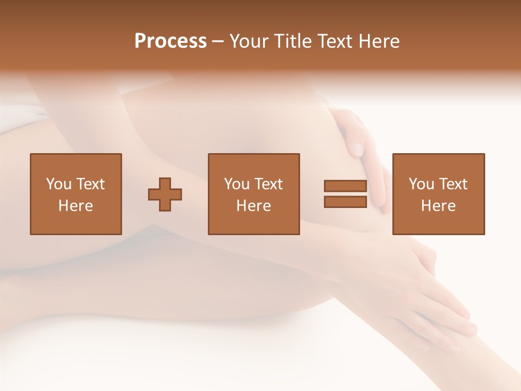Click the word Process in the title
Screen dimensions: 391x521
pyautogui.click(x=170, y=41)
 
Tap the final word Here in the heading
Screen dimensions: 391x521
pyautogui.click(x=379, y=41)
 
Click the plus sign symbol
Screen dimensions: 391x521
pyautogui.click(x=165, y=194)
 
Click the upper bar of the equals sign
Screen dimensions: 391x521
pyautogui.click(x=345, y=186)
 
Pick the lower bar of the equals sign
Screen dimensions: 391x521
pyautogui.click(x=345, y=201)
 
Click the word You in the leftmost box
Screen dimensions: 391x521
pyautogui.click(x=59, y=184)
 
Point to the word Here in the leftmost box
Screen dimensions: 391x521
pyautogui.click(x=76, y=206)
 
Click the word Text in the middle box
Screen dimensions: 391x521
pyautogui.click(x=268, y=184)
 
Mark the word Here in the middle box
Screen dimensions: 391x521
pyautogui.click(x=254, y=206)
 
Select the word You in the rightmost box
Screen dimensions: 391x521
pyautogui.click(x=421, y=184)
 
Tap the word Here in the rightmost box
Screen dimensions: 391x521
pyautogui.click(x=439, y=206)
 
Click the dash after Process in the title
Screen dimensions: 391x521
pyautogui.click(x=218, y=41)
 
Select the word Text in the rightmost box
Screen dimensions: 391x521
pyautogui.click(x=452, y=184)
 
